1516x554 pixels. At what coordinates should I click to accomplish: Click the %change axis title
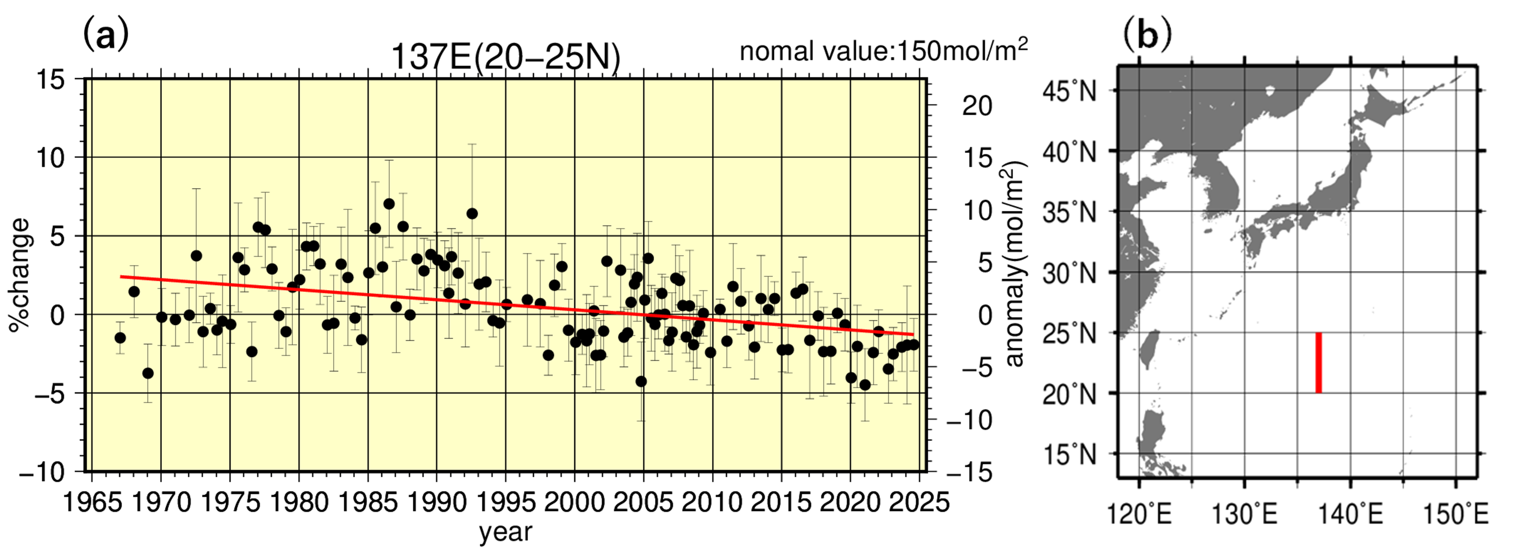coord(19,275)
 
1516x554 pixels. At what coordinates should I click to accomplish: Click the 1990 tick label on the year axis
coord(436,502)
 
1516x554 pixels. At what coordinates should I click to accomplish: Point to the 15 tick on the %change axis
coord(52,79)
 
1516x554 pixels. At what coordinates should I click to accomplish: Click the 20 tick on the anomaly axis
coord(977,106)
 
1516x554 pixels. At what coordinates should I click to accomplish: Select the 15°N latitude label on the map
coord(1069,455)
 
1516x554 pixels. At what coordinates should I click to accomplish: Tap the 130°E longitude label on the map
coord(1244,515)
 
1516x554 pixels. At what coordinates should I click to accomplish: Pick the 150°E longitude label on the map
coord(1455,515)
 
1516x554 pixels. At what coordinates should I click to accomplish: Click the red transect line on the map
coord(1319,362)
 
